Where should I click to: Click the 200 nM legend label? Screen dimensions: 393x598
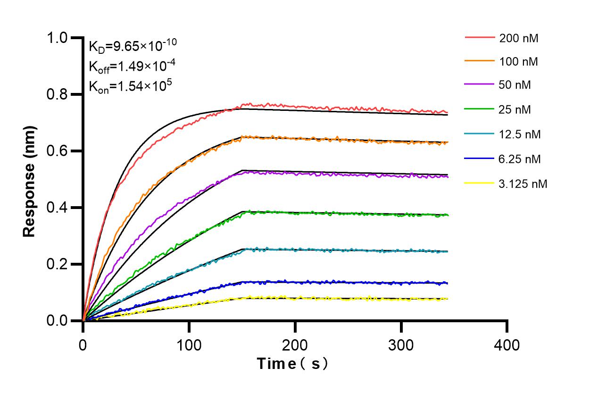519,38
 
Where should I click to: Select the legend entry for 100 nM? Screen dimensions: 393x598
519,61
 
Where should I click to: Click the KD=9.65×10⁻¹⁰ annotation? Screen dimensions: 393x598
133,46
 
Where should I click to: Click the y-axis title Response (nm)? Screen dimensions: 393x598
30,181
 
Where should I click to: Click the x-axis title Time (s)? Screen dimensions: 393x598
292,364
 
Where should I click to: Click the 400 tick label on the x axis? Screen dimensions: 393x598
507,345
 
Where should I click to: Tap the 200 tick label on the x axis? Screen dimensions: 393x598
295,345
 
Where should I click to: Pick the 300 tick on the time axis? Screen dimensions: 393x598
401,345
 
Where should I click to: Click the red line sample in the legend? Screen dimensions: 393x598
479,37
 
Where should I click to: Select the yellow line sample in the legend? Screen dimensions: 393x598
479,183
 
